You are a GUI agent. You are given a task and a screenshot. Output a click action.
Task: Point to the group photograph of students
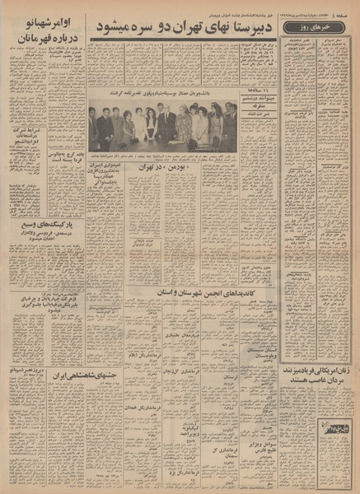pos(162,128)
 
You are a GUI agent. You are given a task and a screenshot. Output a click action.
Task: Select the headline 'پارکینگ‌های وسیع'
pos(44,223)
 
